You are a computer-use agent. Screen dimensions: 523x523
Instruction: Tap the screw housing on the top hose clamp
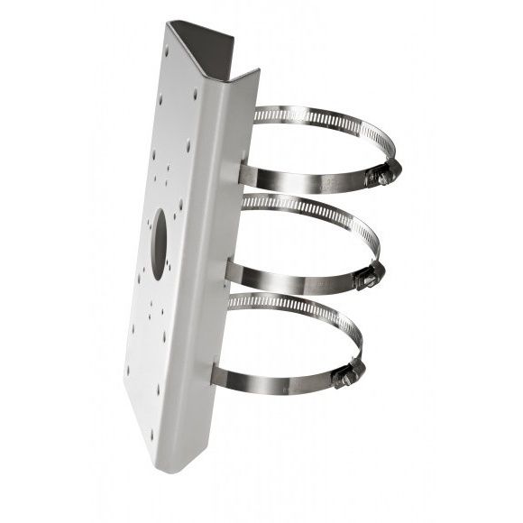pyautogui.click(x=383, y=175)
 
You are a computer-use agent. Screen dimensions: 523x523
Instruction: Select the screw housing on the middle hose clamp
pyautogui.click(x=368, y=278)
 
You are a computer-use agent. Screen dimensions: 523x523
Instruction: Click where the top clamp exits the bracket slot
pyautogui.click(x=245, y=172)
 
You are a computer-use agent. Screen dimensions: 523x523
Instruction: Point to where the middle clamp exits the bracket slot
pyautogui.click(x=232, y=270)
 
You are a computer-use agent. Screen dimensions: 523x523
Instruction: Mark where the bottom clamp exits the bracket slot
pyautogui.click(x=218, y=370)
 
